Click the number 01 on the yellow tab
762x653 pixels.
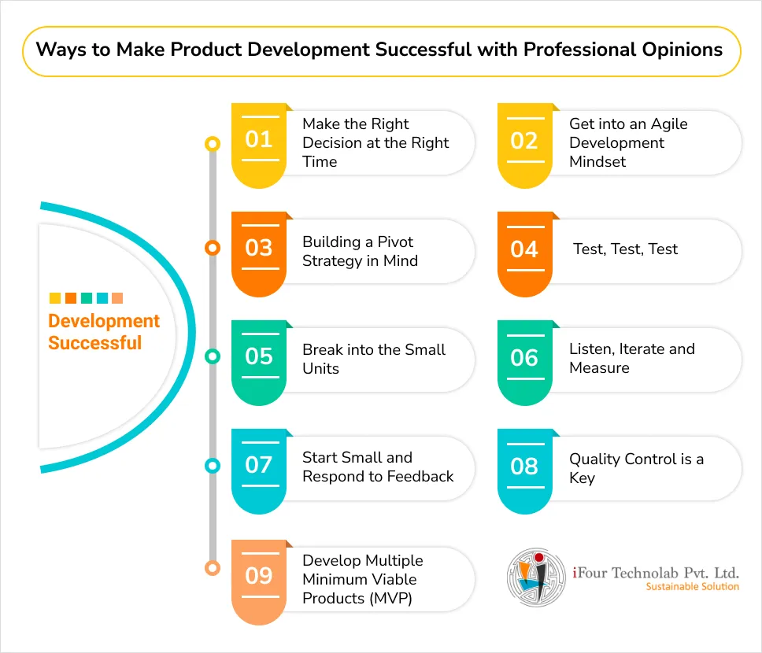point(258,139)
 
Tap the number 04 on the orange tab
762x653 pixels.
point(524,249)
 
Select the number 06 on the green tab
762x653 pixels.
point(524,358)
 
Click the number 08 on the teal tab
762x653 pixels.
point(524,467)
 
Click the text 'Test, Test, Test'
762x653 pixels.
point(625,249)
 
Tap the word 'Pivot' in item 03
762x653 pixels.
point(395,242)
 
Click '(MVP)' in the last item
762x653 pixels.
point(390,599)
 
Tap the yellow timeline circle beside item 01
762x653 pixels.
point(213,144)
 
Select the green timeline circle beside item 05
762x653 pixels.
point(213,356)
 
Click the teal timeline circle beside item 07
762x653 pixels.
point(213,466)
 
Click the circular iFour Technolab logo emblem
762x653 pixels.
point(537,577)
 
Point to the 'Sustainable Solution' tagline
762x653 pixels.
point(692,587)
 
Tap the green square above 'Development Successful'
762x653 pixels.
point(87,298)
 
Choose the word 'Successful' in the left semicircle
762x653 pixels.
point(94,343)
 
